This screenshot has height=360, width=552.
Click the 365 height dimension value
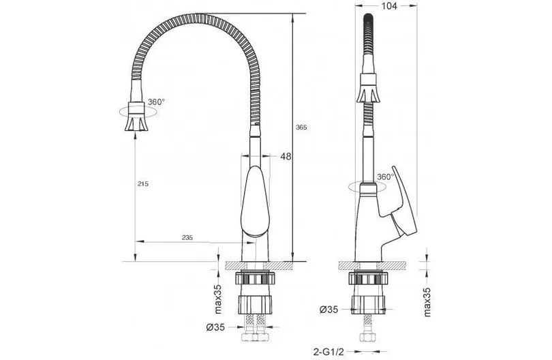(x=301, y=127)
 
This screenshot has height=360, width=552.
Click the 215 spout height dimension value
(x=143, y=183)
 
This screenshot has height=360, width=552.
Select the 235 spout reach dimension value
(x=187, y=237)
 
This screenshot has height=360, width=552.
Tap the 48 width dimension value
(x=286, y=156)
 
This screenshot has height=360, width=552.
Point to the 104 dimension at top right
(x=389, y=5)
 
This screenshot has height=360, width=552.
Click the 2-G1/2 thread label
(x=328, y=351)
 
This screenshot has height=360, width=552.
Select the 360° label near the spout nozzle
(x=156, y=102)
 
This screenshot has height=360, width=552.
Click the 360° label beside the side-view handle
(x=385, y=177)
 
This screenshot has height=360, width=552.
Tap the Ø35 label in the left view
(x=215, y=327)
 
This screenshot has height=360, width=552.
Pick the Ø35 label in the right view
(x=328, y=310)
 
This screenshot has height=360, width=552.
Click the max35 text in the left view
(x=219, y=299)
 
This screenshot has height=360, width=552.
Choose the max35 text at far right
(x=427, y=302)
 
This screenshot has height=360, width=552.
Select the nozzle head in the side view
(x=368, y=88)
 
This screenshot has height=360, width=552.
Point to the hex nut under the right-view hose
(x=368, y=337)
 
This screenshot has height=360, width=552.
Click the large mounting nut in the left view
(x=256, y=305)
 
